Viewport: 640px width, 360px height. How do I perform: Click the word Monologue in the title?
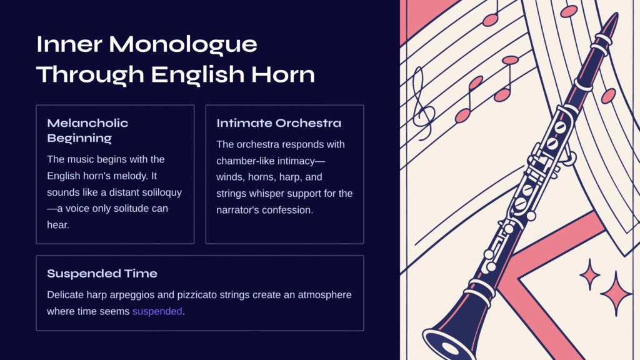[183, 45]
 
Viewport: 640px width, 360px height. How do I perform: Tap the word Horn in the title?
[283, 74]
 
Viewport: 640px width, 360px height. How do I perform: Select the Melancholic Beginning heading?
[87, 130]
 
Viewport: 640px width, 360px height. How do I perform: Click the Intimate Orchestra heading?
[279, 123]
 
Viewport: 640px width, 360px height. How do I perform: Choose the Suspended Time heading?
[102, 274]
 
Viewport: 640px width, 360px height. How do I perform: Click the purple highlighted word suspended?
[157, 311]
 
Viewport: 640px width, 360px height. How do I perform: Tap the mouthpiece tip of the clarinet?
[615, 16]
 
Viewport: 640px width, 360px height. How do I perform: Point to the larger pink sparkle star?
[616, 294]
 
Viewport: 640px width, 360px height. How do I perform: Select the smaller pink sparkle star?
[590, 275]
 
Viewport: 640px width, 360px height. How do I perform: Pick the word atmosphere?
[324, 295]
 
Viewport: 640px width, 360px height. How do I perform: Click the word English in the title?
[197, 75]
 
